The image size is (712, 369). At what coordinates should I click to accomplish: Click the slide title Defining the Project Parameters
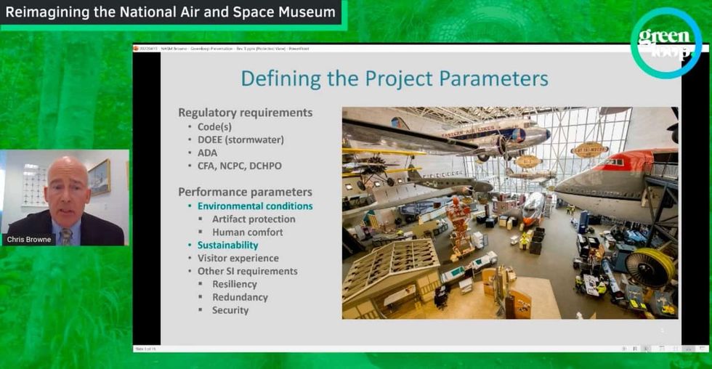[395, 78]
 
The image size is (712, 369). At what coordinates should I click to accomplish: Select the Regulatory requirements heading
[246, 113]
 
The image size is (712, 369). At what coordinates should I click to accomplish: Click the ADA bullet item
[209, 153]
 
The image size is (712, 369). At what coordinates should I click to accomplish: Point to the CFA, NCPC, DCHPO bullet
[239, 166]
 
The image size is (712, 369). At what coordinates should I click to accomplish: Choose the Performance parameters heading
[246, 192]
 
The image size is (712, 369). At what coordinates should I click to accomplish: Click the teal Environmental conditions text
[255, 206]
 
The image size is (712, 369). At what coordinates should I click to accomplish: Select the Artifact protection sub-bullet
[254, 219]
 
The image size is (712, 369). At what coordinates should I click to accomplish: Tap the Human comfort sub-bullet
[248, 232]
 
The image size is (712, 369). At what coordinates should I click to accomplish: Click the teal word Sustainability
[227, 245]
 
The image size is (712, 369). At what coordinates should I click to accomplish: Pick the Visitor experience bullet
[238, 258]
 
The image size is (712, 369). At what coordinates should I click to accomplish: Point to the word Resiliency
[235, 284]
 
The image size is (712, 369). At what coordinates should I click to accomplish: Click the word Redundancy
[240, 297]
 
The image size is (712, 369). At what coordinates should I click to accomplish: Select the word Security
[230, 310]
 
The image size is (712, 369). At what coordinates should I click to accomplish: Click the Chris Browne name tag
[30, 239]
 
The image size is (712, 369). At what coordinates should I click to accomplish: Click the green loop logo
[666, 43]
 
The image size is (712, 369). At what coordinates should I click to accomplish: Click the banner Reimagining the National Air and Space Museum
[171, 12]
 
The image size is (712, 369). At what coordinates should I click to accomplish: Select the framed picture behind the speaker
[100, 177]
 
